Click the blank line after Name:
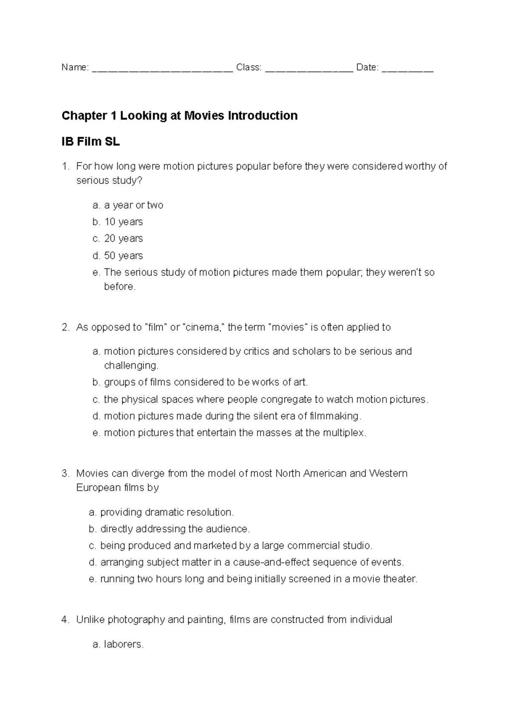[162, 68]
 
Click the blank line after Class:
[309, 68]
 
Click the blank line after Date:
[408, 68]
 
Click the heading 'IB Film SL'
[91, 142]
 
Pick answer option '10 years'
[123, 222]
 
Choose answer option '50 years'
[123, 255]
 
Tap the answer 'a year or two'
[133, 205]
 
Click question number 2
[65, 327]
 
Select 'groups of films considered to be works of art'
[206, 382]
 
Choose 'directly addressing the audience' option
[175, 529]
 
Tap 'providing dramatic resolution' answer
[167, 512]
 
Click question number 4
[65, 620]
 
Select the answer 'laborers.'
[124, 644]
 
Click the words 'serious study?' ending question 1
[109, 181]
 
